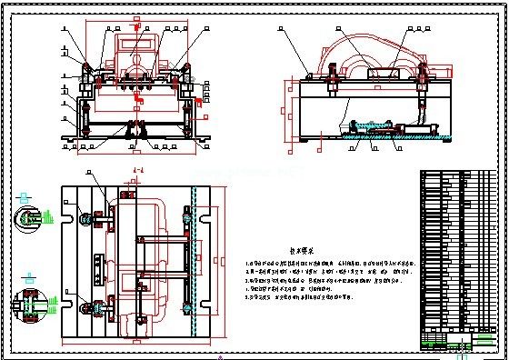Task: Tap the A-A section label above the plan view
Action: point(137,171)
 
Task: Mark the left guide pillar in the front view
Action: point(85,114)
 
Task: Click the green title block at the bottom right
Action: point(464,344)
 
